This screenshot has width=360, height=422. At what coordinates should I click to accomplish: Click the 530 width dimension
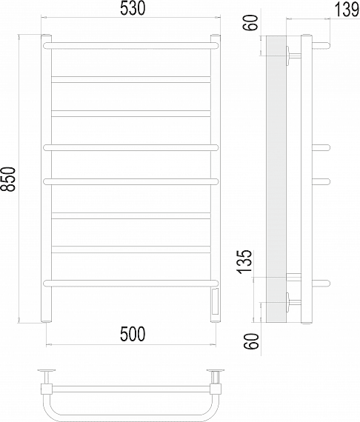tap(132, 9)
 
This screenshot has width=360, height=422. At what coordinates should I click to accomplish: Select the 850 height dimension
tap(8, 179)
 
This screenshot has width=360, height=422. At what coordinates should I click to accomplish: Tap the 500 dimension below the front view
tap(133, 334)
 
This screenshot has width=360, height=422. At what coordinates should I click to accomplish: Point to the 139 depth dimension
tap(347, 10)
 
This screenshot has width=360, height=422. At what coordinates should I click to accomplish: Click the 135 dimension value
tap(245, 262)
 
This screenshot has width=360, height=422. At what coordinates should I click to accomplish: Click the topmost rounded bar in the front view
tap(130, 45)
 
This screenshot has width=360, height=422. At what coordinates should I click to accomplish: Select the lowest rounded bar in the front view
tap(130, 283)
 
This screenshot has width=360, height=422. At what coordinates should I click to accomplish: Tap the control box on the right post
tap(216, 301)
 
